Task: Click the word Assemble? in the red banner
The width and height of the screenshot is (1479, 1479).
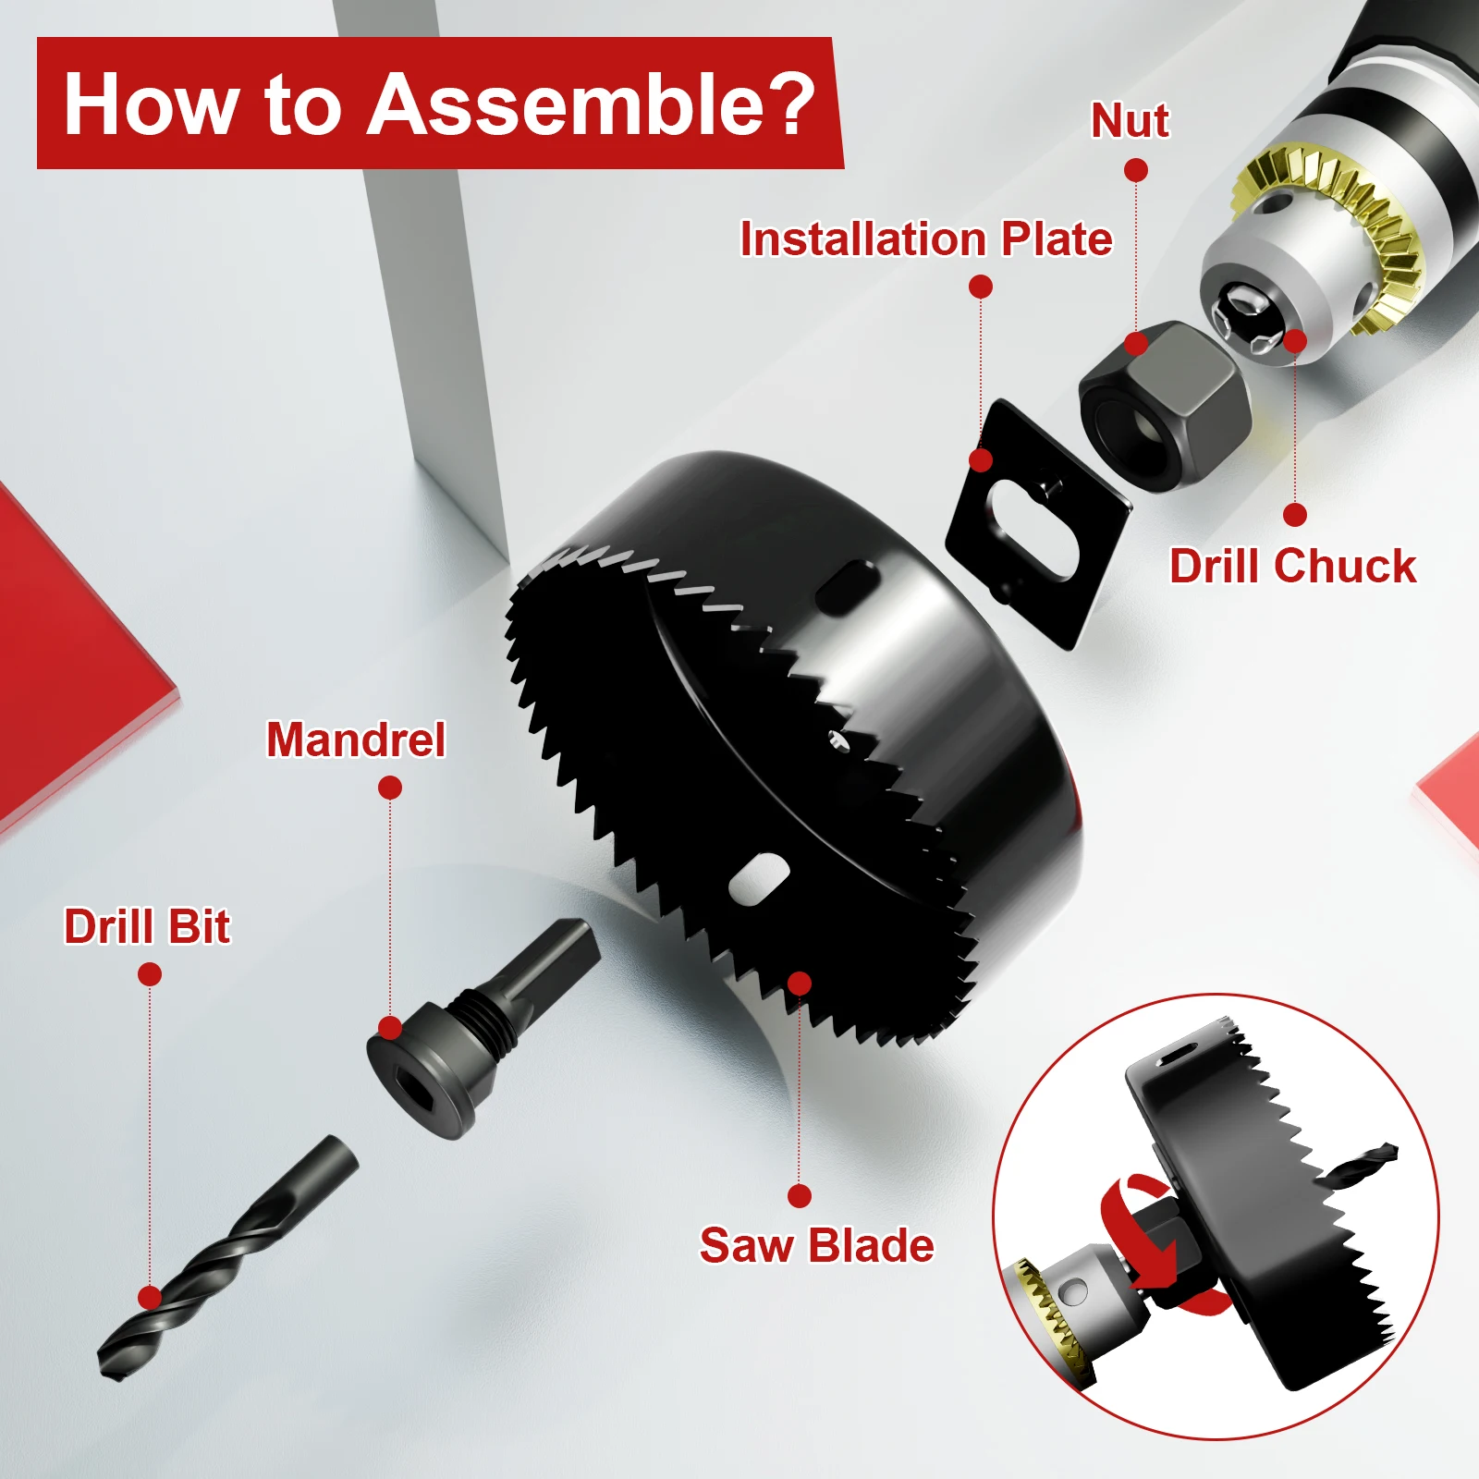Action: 592,104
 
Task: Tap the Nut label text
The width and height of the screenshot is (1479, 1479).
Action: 1130,121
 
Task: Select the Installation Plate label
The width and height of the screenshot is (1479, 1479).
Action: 926,238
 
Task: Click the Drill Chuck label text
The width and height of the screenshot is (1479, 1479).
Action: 1292,566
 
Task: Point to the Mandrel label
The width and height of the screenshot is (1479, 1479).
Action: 356,739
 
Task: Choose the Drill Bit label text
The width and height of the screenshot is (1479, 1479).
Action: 147,926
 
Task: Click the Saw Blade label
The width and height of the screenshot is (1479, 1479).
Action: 816,1245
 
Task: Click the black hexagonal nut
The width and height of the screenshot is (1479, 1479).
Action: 1165,405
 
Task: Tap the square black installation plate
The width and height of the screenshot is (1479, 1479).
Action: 1037,523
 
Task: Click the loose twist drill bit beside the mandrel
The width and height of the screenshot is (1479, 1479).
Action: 226,1258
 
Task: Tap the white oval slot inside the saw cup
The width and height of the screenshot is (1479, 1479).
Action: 759,878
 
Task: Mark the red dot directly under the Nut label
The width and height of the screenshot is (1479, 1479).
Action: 1136,170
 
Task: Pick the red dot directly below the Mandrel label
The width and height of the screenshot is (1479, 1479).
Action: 390,788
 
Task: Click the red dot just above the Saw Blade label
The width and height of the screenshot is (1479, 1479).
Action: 800,1196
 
